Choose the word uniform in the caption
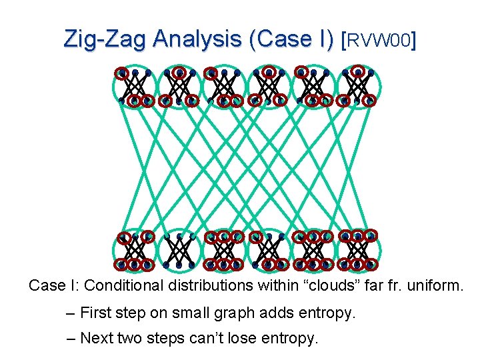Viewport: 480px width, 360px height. click(x=432, y=285)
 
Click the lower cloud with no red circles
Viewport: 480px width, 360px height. click(x=179, y=251)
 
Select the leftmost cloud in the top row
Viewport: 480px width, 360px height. click(x=135, y=87)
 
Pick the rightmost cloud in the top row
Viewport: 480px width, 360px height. click(x=358, y=87)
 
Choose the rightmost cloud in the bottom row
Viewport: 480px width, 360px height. click(x=358, y=251)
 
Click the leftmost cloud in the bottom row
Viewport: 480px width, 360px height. click(x=135, y=251)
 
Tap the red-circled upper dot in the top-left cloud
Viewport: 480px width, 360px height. click(x=122, y=73)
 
